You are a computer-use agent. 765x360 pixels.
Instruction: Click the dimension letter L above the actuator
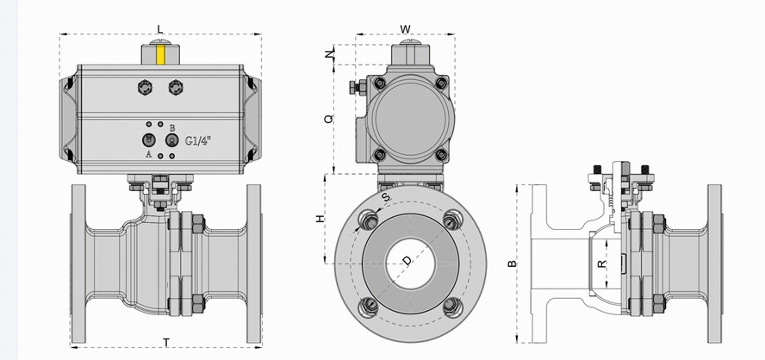pos(160,28)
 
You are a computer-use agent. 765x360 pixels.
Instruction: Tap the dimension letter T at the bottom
pos(166,343)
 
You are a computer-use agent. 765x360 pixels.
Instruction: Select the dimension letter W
pos(406,29)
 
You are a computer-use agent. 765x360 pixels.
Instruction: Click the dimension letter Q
pos(329,118)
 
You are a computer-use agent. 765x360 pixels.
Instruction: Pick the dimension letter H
pos(320,218)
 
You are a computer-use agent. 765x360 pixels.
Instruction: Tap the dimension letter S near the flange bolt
pos(386,197)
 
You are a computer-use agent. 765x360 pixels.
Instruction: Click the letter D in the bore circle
pos(407,260)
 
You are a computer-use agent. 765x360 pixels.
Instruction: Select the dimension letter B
pos(512,264)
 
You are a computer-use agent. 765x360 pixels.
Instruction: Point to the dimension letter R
pos(602,264)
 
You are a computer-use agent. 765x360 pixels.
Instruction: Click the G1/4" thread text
pos(198,141)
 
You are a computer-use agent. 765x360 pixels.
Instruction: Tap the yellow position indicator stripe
pos(160,55)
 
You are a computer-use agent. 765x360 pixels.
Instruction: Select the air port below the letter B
pos(171,140)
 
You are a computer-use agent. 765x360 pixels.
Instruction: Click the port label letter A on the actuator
pos(149,154)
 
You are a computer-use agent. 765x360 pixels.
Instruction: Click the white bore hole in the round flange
pos(410,263)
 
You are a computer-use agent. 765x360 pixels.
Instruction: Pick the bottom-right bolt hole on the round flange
pos(452,307)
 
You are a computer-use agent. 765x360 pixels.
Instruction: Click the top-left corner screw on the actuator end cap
pos(380,83)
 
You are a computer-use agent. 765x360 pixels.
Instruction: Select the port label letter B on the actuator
pos(172,127)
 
